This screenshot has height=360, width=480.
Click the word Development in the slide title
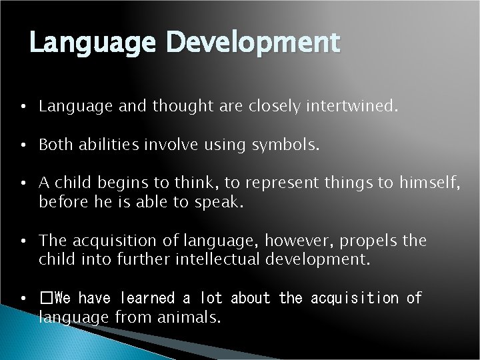click(x=255, y=43)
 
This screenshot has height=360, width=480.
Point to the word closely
click(x=272, y=105)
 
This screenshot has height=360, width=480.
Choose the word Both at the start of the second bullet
click(x=53, y=145)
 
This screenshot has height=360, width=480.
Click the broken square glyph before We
click(x=45, y=298)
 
